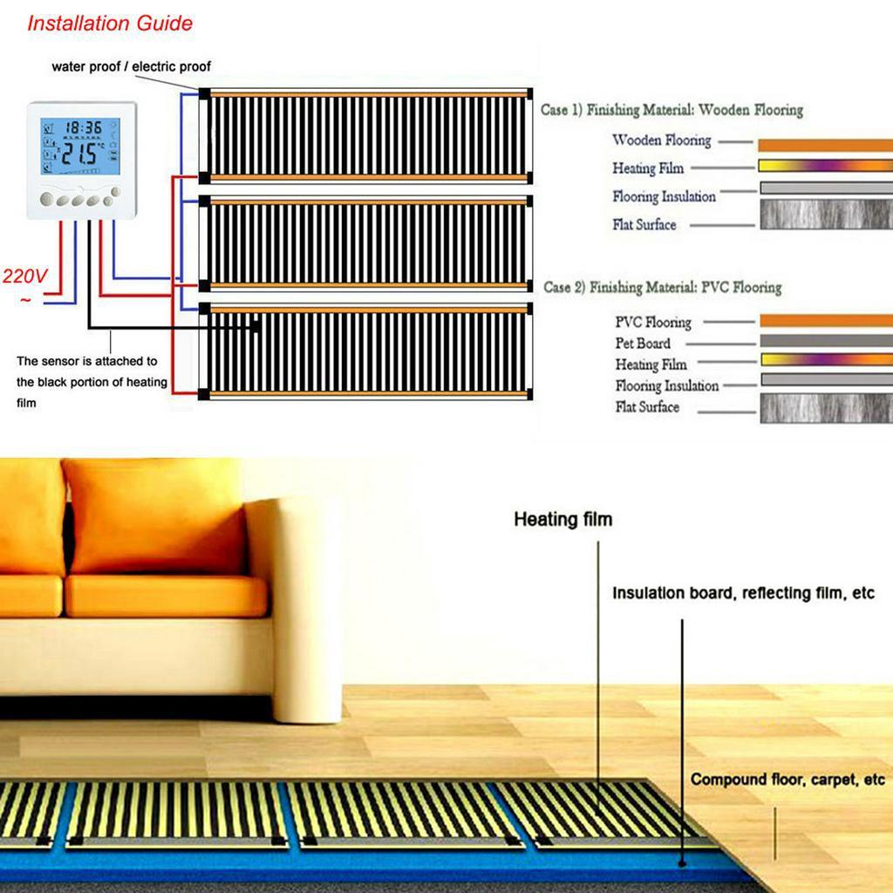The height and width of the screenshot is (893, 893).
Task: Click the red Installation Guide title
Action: pos(110,24)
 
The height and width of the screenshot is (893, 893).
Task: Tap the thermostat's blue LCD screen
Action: pos(80,147)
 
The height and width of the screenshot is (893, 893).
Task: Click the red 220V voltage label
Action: pos(24,276)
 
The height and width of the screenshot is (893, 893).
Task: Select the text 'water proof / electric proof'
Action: pos(131,66)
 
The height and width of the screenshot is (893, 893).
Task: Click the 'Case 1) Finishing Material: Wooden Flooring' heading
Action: pos(672,110)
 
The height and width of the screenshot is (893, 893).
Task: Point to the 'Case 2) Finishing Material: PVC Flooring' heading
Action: pos(663,287)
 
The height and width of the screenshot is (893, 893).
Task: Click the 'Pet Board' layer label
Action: pos(643,344)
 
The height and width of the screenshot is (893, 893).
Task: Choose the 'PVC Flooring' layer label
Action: pos(652,323)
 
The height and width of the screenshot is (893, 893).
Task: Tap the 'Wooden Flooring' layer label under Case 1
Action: pos(662,140)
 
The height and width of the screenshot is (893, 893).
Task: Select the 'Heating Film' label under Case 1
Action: pos(648,168)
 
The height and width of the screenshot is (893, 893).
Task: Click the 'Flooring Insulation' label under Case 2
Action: pos(667,385)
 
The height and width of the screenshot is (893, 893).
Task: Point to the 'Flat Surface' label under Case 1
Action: pos(644,224)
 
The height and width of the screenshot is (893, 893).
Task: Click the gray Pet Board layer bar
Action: pos(827,341)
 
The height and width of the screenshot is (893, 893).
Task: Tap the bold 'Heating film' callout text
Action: pos(563,520)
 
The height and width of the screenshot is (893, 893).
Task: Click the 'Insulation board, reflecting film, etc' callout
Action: pos(743,593)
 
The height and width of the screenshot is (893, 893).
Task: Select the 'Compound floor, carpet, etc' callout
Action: pos(787,779)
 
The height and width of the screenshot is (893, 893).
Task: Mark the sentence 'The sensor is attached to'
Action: pos(86,361)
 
